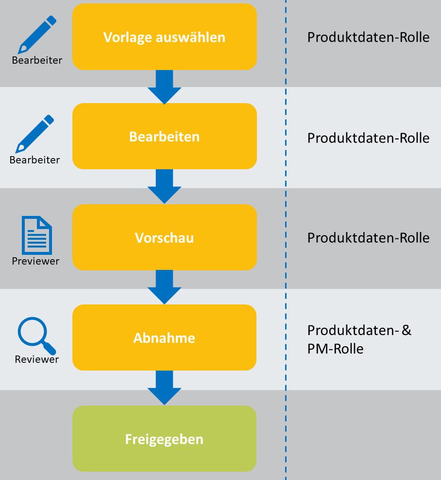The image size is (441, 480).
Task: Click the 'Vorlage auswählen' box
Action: click(x=164, y=37)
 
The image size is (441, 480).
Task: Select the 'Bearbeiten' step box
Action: click(x=164, y=136)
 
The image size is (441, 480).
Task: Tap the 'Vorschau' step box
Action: click(x=164, y=237)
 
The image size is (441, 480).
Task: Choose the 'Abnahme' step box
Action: click(x=164, y=338)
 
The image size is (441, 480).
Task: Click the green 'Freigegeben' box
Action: click(x=164, y=439)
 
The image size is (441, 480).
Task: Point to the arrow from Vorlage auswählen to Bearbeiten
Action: click(x=164, y=87)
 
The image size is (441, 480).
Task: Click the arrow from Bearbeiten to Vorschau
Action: click(x=164, y=186)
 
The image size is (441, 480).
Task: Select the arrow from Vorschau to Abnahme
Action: click(x=164, y=287)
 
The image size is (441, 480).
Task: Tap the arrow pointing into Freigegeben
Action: click(x=164, y=388)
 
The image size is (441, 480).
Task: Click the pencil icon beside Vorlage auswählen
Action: click(x=36, y=35)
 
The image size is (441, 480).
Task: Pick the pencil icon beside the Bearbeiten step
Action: click(x=34, y=134)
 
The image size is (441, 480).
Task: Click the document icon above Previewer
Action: click(x=37, y=235)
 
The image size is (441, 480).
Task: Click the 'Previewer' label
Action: click(x=35, y=261)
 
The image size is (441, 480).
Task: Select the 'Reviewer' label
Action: click(x=37, y=360)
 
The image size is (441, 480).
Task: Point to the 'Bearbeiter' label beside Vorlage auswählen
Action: click(x=37, y=61)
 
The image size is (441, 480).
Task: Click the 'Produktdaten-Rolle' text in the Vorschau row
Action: click(x=368, y=238)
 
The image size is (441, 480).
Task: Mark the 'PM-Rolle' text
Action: click(x=335, y=348)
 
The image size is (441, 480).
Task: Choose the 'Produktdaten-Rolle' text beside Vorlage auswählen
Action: click(x=368, y=37)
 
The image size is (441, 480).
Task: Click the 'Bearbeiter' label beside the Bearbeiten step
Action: click(x=34, y=160)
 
